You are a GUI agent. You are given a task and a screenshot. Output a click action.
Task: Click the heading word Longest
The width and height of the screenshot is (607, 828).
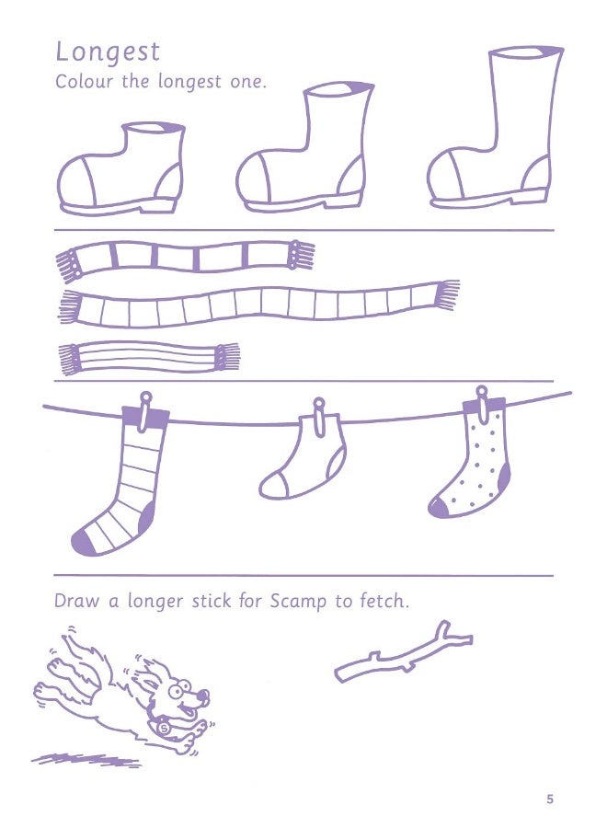click(x=108, y=52)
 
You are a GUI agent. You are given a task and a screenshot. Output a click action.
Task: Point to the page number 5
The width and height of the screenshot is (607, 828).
click(x=550, y=799)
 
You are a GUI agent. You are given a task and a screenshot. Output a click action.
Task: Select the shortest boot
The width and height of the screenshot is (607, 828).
click(x=120, y=169)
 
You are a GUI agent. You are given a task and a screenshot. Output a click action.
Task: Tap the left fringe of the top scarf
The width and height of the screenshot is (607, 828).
click(x=68, y=266)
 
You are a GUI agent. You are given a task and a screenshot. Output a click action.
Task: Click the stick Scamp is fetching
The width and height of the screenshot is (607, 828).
click(x=405, y=654)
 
